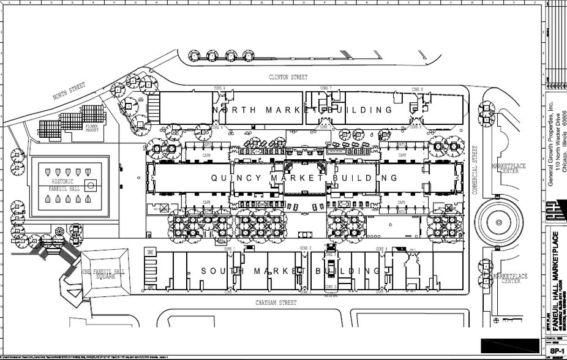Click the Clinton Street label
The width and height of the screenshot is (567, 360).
coord(288,77)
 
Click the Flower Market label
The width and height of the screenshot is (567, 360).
coord(92,129)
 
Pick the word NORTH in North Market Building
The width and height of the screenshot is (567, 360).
coord(236,110)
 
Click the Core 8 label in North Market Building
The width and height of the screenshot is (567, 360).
coord(418,89)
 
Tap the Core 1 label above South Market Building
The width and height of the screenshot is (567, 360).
coord(228,249)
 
